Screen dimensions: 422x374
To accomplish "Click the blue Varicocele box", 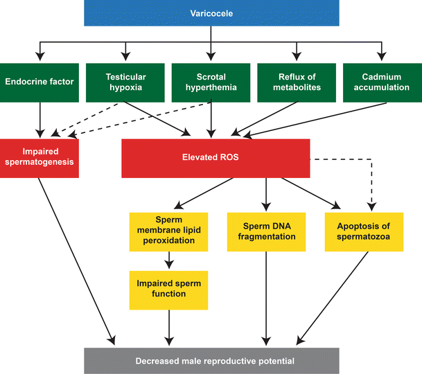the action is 211,13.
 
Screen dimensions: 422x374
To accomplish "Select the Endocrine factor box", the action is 39,82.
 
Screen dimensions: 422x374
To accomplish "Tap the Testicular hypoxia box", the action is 125,82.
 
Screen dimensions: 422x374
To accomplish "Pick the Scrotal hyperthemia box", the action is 211,82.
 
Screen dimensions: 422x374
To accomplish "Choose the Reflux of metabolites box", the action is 297,82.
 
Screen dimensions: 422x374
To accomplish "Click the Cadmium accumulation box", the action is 383,82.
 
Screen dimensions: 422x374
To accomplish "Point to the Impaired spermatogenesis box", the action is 39,158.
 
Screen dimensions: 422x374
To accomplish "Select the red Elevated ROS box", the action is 216,158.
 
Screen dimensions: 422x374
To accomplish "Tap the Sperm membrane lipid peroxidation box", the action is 169,232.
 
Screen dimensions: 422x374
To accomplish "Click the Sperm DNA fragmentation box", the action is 267,232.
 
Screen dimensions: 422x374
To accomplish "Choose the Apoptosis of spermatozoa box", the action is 364,232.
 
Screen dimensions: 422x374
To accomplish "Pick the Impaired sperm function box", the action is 169,290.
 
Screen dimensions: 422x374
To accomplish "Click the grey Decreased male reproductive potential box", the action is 211,361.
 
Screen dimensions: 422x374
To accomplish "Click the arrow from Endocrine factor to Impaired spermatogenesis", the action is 40,121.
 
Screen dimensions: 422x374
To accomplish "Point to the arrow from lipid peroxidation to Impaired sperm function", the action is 169,260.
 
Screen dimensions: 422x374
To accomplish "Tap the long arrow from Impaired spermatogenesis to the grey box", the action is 77,261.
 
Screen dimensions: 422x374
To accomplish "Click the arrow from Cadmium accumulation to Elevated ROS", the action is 315,120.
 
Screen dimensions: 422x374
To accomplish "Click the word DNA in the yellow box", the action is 280,226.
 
